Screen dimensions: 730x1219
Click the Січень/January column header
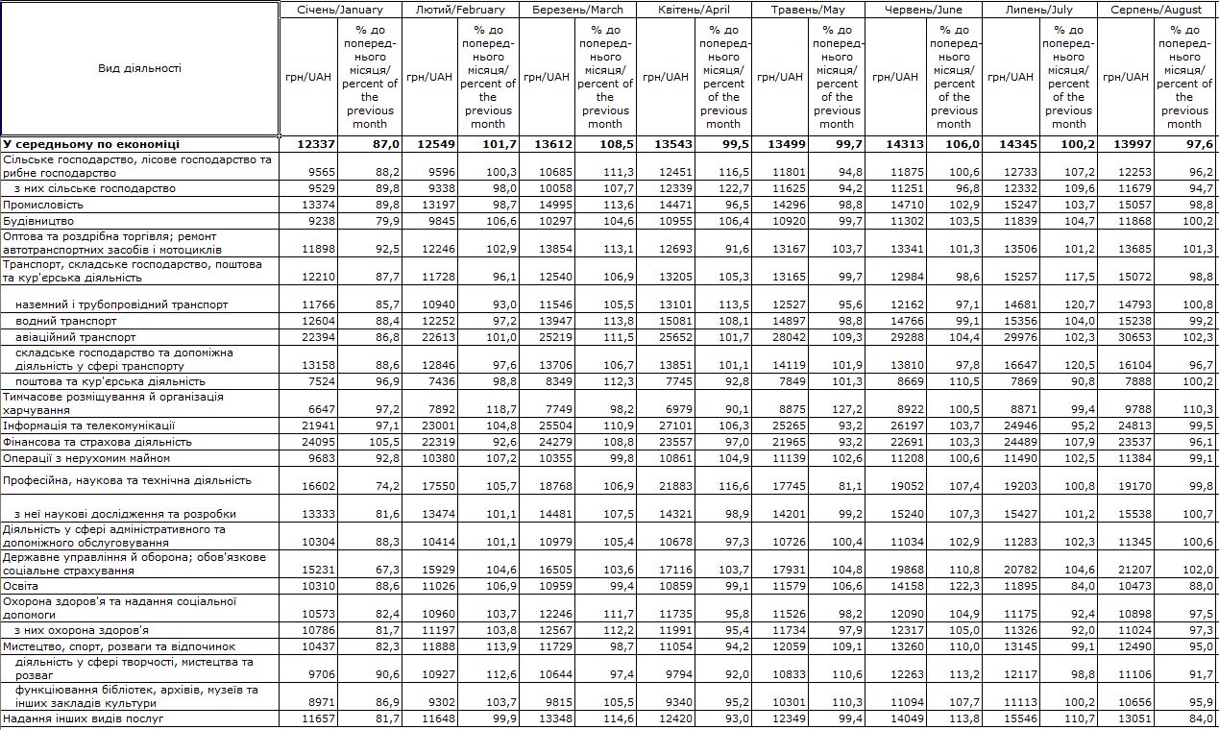click(339, 10)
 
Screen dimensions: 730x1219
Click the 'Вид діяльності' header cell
click(139, 68)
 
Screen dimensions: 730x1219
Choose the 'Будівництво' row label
click(37, 221)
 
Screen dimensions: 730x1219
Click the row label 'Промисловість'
click(43, 205)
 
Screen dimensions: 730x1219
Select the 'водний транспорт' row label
click(66, 321)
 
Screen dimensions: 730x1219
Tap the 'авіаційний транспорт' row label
click(75, 337)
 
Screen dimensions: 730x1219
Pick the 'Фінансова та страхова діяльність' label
click(85, 442)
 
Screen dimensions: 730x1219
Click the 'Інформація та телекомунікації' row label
click(75, 426)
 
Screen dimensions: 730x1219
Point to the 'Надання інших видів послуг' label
click(83, 718)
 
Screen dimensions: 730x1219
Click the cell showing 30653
click(1132, 337)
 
